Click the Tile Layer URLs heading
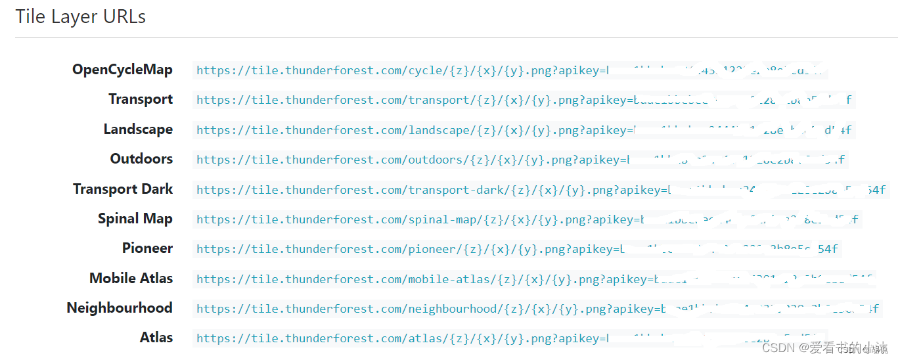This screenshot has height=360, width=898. point(80,17)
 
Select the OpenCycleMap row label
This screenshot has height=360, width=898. point(122,70)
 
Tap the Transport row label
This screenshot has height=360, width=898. point(141,99)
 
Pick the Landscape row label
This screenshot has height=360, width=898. point(138,129)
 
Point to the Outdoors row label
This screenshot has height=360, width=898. point(141,159)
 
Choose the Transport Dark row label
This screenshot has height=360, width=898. point(123,189)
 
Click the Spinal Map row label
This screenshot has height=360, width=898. point(135,219)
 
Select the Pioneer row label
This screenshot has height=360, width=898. point(147,248)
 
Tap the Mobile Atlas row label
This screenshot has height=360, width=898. point(131,279)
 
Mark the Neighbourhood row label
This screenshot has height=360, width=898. point(120,308)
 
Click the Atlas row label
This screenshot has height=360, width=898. point(156,338)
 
